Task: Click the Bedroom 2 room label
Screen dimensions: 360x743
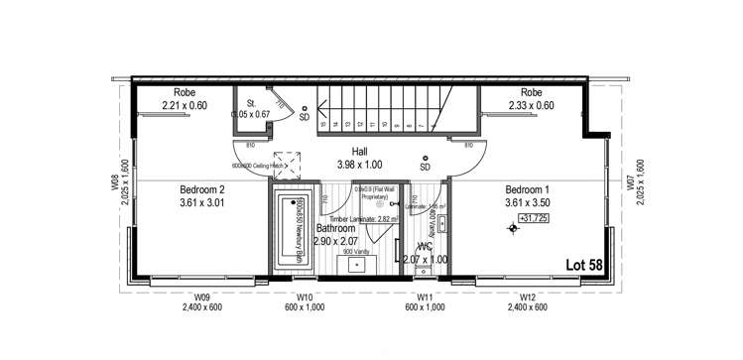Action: click(201, 190)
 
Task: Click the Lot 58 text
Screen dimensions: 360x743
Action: click(586, 265)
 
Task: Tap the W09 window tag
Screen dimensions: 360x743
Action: click(201, 296)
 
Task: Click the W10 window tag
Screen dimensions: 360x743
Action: click(306, 296)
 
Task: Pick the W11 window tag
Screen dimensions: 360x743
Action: click(424, 296)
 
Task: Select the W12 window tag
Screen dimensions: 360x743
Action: click(529, 296)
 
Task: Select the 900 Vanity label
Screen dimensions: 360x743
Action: click(355, 252)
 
